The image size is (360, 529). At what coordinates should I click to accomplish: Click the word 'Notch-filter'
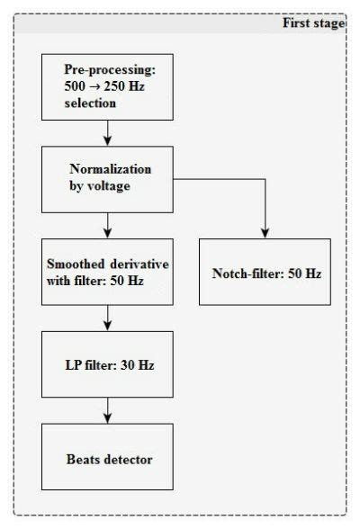click(243, 271)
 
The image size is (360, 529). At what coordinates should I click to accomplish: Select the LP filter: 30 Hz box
click(107, 365)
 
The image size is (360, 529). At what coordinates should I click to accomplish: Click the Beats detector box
click(107, 460)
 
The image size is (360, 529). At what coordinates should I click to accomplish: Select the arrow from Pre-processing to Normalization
click(107, 131)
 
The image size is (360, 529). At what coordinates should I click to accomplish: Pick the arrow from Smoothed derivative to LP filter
click(107, 318)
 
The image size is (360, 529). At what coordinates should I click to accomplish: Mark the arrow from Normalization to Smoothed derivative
click(107, 224)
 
